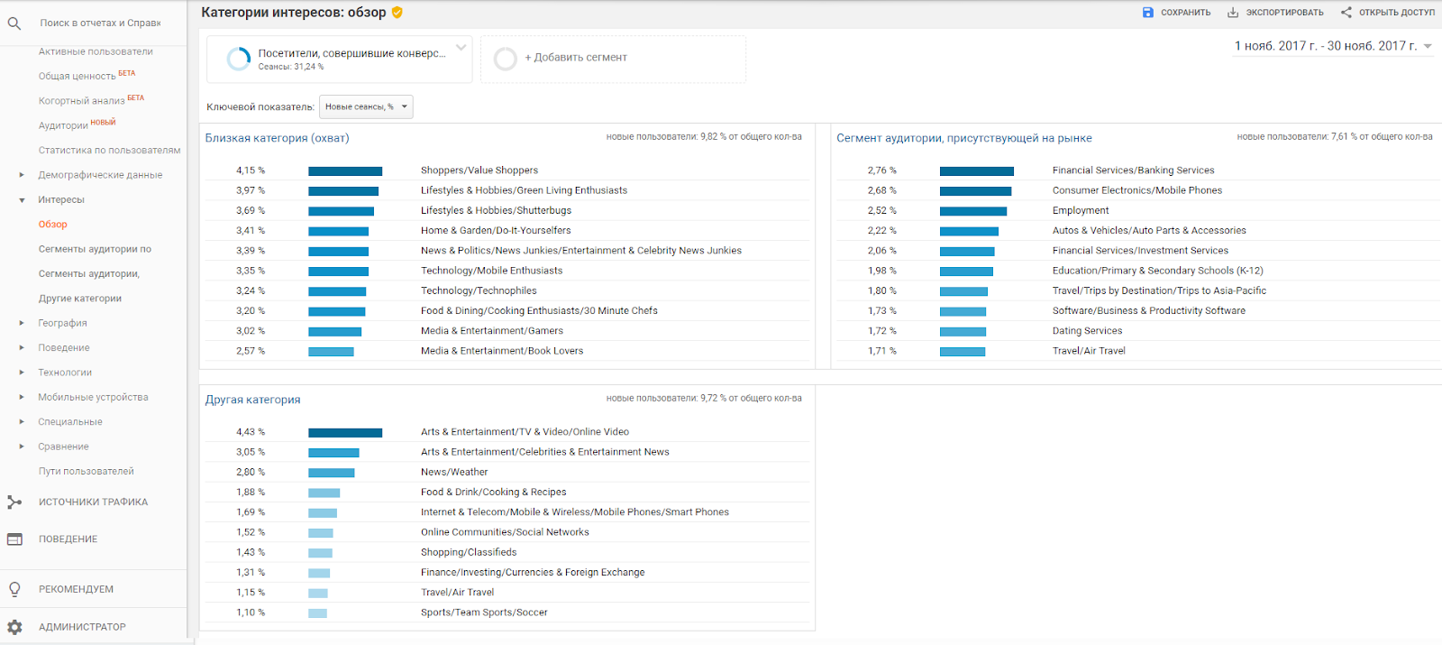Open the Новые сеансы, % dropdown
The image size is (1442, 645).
coord(366,106)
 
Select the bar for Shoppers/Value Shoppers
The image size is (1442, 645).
coord(345,170)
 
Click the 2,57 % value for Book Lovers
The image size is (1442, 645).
coord(251,351)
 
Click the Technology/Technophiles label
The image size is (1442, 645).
coord(479,290)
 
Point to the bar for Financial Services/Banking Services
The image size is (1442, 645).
coord(976,170)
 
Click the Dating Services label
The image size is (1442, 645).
coord(1087,331)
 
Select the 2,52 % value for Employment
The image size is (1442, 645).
coord(881,210)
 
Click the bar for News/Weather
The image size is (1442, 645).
coord(331,472)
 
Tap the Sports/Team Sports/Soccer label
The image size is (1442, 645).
coord(484,613)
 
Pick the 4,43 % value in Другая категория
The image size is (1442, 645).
coord(251,432)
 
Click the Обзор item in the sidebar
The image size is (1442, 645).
coord(52,225)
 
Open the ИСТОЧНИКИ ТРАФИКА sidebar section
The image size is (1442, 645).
coord(93,502)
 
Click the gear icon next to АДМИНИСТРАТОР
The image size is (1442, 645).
coord(14,627)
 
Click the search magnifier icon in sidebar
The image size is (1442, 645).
coord(14,23)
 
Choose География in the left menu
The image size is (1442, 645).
coord(62,323)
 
